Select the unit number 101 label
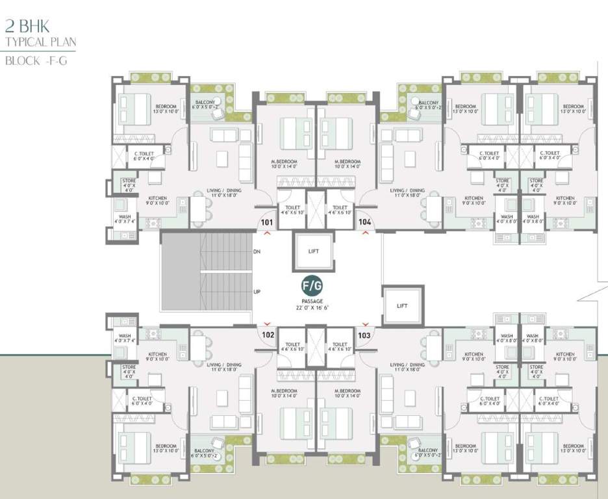[266, 222]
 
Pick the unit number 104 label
[365, 222]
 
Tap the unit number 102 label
[267, 335]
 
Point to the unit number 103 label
[364, 335]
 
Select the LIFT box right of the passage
[403, 305]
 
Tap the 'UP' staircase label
[257, 291]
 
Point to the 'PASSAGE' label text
[311, 301]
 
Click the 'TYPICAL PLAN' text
[40, 43]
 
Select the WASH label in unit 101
[124, 217]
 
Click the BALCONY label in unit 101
[208, 103]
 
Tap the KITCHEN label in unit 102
[157, 354]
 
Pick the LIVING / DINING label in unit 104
[407, 190]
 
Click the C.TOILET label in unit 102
[143, 399]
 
